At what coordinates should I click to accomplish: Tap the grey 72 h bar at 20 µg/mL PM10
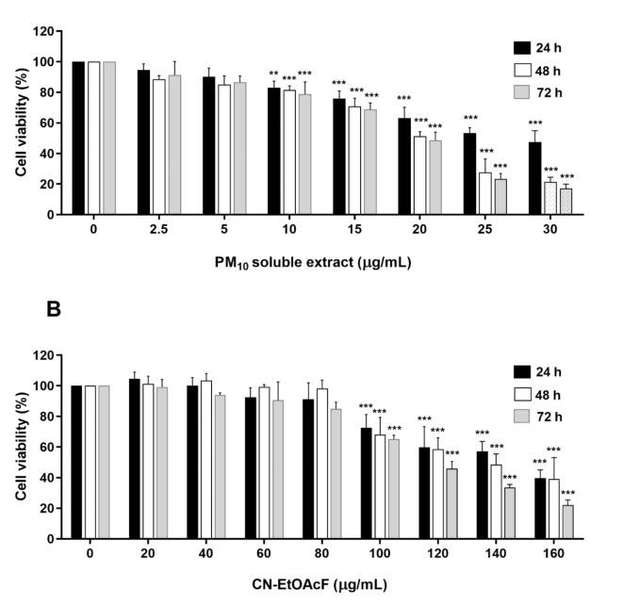[434, 178]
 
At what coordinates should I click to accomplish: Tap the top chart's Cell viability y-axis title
[20, 123]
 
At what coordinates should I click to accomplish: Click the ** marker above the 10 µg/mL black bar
[272, 75]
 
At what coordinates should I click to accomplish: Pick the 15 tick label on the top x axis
[350, 230]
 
